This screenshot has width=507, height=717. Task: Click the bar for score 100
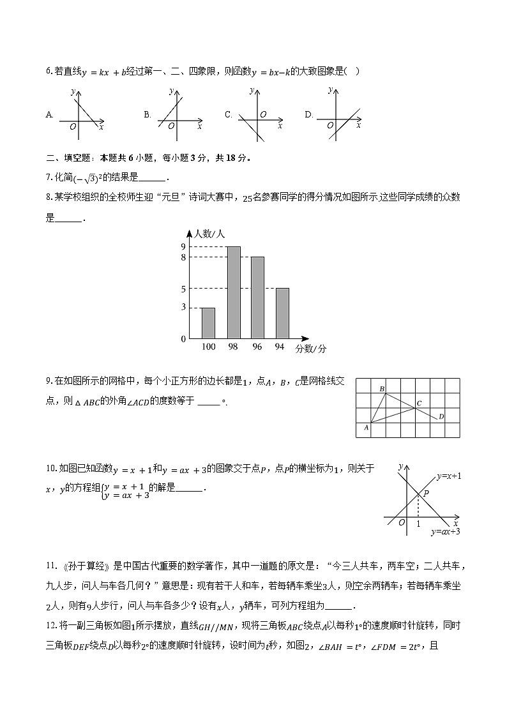coord(208,322)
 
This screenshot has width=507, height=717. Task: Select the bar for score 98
coord(234,292)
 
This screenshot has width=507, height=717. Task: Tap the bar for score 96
coord(257,297)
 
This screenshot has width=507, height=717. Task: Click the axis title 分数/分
coord(311,349)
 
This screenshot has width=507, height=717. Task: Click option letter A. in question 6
coord(50,115)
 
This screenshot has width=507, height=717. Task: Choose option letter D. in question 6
coord(309,115)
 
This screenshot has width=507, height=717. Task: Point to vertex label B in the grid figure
coord(382,389)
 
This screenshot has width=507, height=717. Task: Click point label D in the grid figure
coord(441,416)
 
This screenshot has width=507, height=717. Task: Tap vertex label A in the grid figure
coord(367,428)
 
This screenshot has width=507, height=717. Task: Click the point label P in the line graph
coord(425,494)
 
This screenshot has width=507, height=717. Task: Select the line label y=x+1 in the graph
coord(449,476)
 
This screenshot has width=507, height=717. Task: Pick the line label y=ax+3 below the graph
coord(445,531)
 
